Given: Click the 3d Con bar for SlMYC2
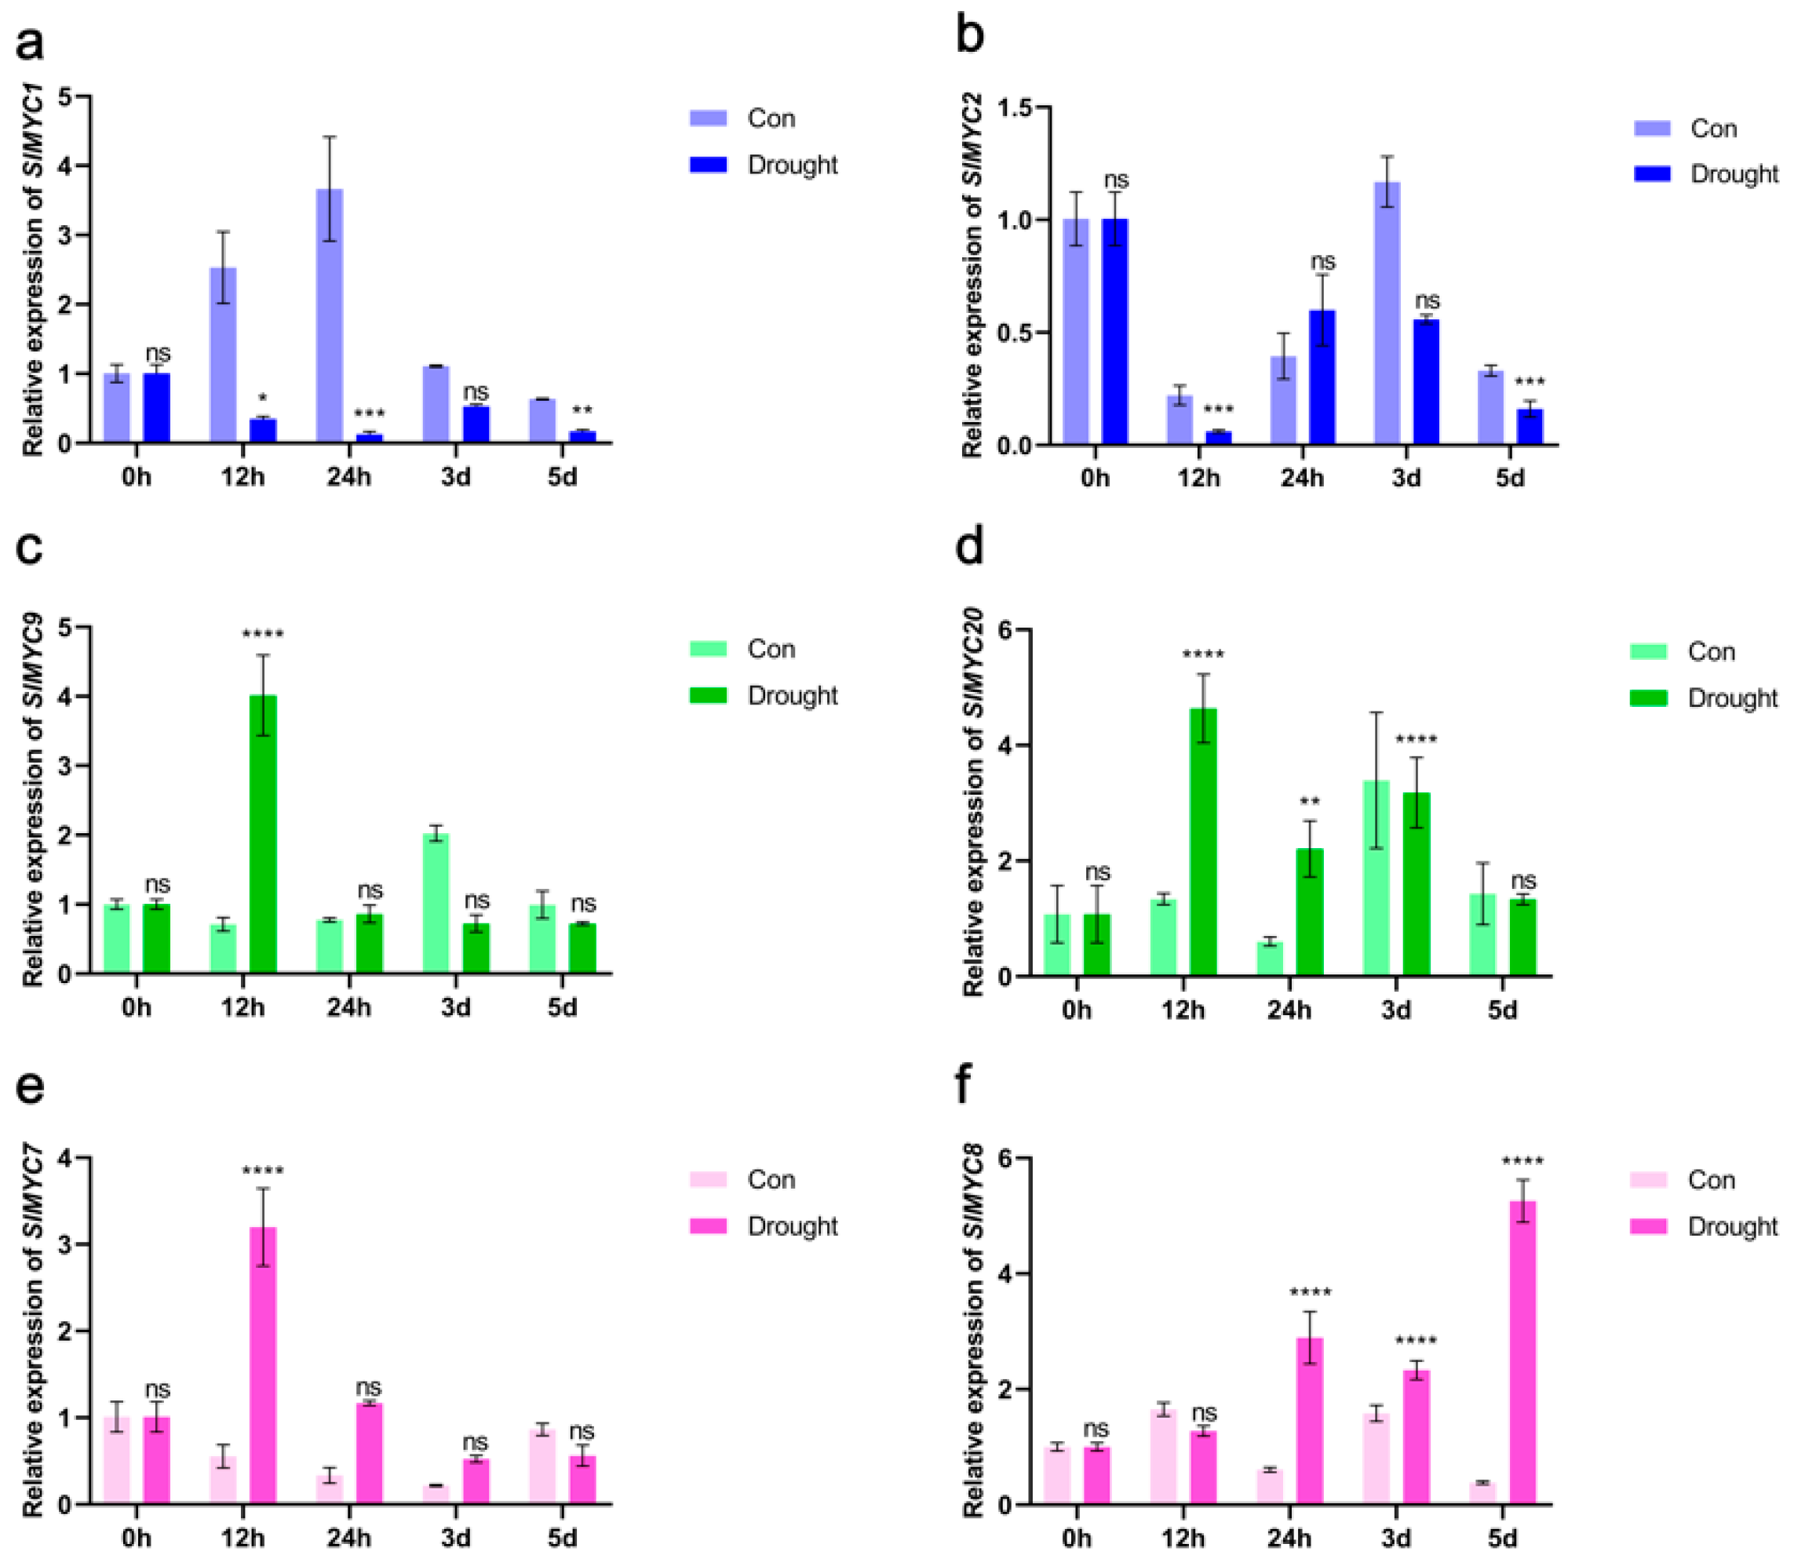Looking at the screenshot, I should click(1387, 314).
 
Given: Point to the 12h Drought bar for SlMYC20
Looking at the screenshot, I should click(1203, 842).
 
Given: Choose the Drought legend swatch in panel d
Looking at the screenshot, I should click(1648, 698).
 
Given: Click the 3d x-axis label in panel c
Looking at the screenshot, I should click(455, 1007).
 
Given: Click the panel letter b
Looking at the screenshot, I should click(970, 37).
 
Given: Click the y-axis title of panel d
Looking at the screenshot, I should click(972, 803).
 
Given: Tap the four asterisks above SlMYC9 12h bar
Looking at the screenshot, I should click(262, 634).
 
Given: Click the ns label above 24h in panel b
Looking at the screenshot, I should click(1322, 261).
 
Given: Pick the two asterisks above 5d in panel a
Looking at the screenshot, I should click(582, 410).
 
